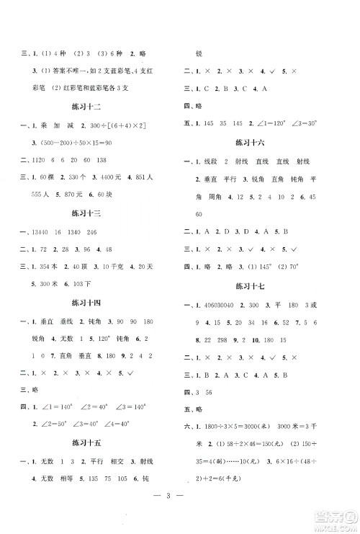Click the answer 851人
click(158, 177)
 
